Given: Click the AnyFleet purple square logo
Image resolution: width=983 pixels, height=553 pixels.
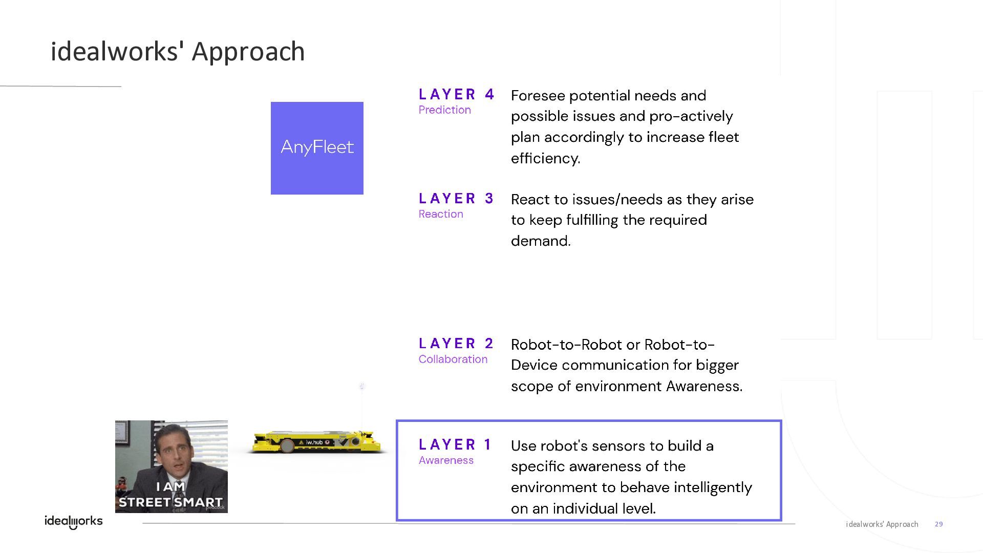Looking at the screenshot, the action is coord(317,148).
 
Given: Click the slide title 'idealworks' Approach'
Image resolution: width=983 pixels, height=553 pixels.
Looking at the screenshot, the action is coord(178,52).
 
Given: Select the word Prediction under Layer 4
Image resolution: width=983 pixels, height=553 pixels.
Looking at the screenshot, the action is coord(444,110).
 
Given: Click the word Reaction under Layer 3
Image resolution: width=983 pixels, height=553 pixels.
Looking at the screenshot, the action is coord(441,214).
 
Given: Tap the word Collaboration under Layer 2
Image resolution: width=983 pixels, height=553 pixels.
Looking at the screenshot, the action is coord(453,359).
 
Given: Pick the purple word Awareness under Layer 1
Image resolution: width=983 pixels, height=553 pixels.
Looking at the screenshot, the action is coord(446,460).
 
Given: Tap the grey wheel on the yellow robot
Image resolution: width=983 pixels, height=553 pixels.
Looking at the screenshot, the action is coord(287,446).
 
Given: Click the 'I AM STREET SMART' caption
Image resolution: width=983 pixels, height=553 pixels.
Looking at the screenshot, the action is coord(171,495).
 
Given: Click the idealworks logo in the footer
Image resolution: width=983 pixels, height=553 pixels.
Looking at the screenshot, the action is coord(74,522).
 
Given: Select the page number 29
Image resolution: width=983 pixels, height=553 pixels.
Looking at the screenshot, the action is coord(938,524).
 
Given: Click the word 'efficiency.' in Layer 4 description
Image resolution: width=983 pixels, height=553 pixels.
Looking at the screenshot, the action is coord(545,158).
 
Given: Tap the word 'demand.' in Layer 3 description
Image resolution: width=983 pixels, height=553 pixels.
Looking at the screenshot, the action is coord(541,241).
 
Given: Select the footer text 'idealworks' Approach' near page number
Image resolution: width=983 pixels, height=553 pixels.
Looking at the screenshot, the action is coord(882,524).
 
